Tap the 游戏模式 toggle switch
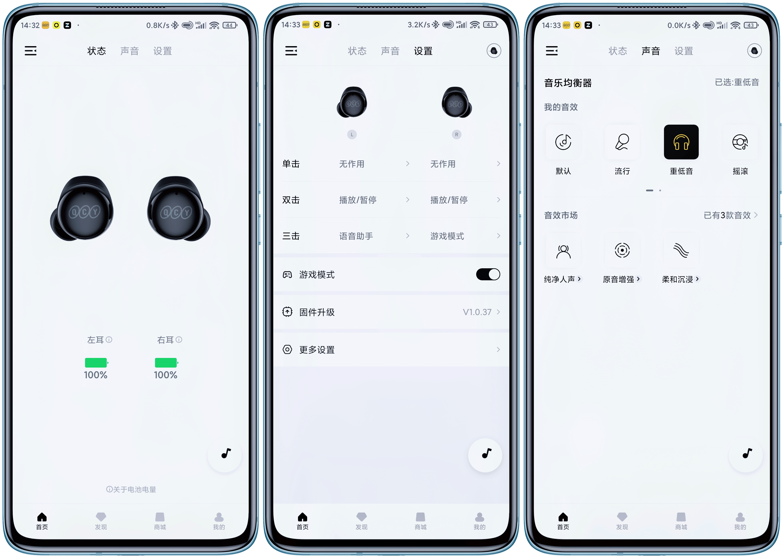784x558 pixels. pos(488,275)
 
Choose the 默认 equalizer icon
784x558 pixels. pos(563,142)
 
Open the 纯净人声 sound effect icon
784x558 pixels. pos(563,251)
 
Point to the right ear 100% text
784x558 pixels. pos(166,375)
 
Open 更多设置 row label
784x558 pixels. pos(317,350)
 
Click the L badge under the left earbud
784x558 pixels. pos(352,135)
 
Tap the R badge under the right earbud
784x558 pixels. pos(456,135)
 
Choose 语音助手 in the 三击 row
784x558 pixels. pos(356,236)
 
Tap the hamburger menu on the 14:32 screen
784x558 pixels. pos(31,51)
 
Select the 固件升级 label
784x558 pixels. pos(317,312)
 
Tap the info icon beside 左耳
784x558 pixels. pos(109,340)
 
